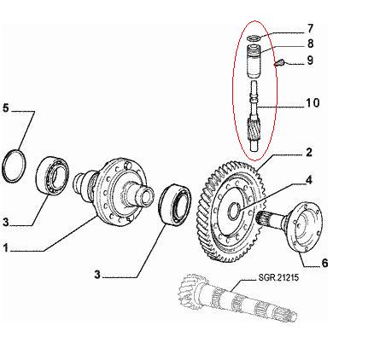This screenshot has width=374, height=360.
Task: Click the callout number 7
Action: (x=310, y=28)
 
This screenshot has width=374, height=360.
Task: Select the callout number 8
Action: (x=310, y=44)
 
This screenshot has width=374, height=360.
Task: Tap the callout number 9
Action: (x=310, y=61)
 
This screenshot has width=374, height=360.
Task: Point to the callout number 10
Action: (x=313, y=102)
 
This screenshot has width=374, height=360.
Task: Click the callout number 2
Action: (x=309, y=153)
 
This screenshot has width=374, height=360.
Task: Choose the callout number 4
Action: (x=308, y=180)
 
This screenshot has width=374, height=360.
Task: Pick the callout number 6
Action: (x=324, y=263)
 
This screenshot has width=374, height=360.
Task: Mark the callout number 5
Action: (x=6, y=108)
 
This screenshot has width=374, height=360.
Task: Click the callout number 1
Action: (x=5, y=247)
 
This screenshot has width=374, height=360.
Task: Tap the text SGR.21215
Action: (x=278, y=277)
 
